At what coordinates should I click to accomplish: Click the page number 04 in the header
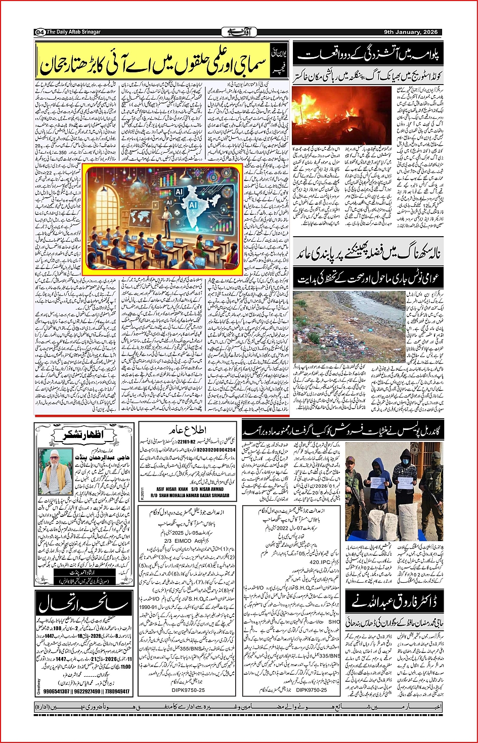pos(39,32)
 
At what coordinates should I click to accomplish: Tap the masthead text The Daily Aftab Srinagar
pos(74,32)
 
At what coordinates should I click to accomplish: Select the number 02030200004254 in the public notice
pos(216,450)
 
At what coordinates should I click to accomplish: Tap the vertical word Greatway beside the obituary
pos(38,686)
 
